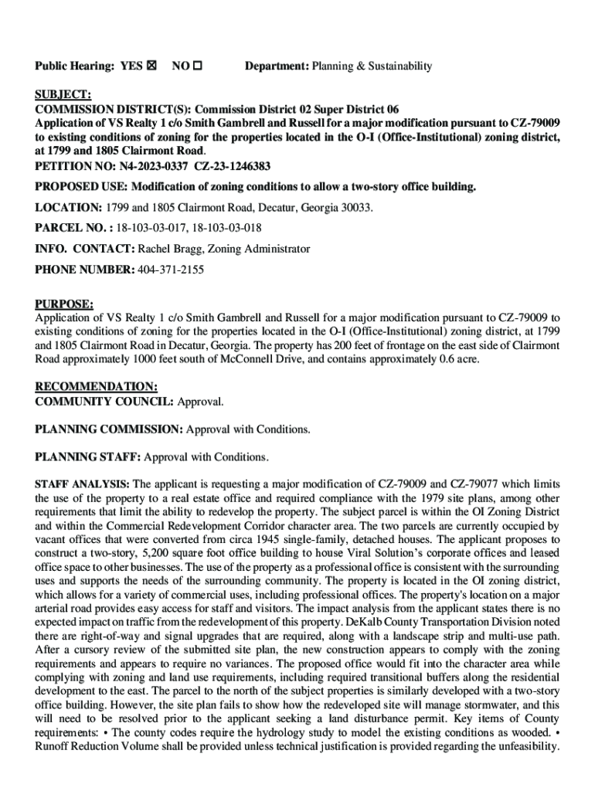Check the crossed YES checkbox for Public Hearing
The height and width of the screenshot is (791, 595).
(x=151, y=66)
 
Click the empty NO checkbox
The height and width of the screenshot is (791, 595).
(x=197, y=66)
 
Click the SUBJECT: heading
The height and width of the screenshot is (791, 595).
(x=63, y=95)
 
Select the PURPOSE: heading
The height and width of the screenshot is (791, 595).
(x=65, y=304)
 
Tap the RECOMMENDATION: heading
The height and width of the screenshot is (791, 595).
(x=97, y=386)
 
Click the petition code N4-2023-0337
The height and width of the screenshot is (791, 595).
(x=150, y=165)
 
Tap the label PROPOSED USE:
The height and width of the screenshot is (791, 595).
(x=81, y=187)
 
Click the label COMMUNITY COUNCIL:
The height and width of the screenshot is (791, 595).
(x=105, y=402)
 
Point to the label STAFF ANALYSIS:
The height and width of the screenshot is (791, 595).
(x=83, y=484)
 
